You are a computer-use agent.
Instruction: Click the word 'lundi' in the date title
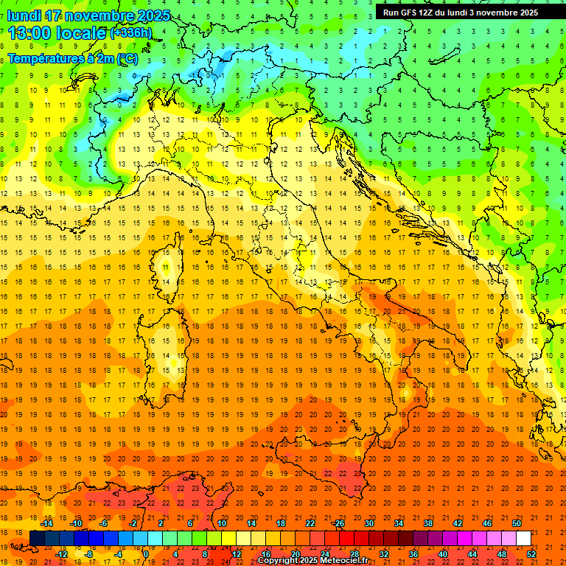(x=24, y=15)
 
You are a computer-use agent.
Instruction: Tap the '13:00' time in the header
(x=28, y=32)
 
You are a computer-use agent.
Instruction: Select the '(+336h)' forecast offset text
(x=131, y=33)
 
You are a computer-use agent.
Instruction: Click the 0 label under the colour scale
(x=146, y=553)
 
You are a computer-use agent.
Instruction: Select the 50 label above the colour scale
(x=517, y=523)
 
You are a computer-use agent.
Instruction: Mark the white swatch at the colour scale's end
(x=524, y=539)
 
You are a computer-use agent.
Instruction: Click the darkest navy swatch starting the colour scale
(x=37, y=539)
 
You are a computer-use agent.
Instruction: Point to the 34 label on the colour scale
(x=399, y=523)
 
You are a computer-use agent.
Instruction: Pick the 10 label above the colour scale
(x=222, y=523)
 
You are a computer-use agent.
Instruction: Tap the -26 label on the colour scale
(x=338, y=523)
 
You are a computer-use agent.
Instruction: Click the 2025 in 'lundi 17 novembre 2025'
(x=153, y=15)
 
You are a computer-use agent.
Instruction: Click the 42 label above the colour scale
(x=458, y=523)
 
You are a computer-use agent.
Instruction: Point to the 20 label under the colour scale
(x=296, y=553)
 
